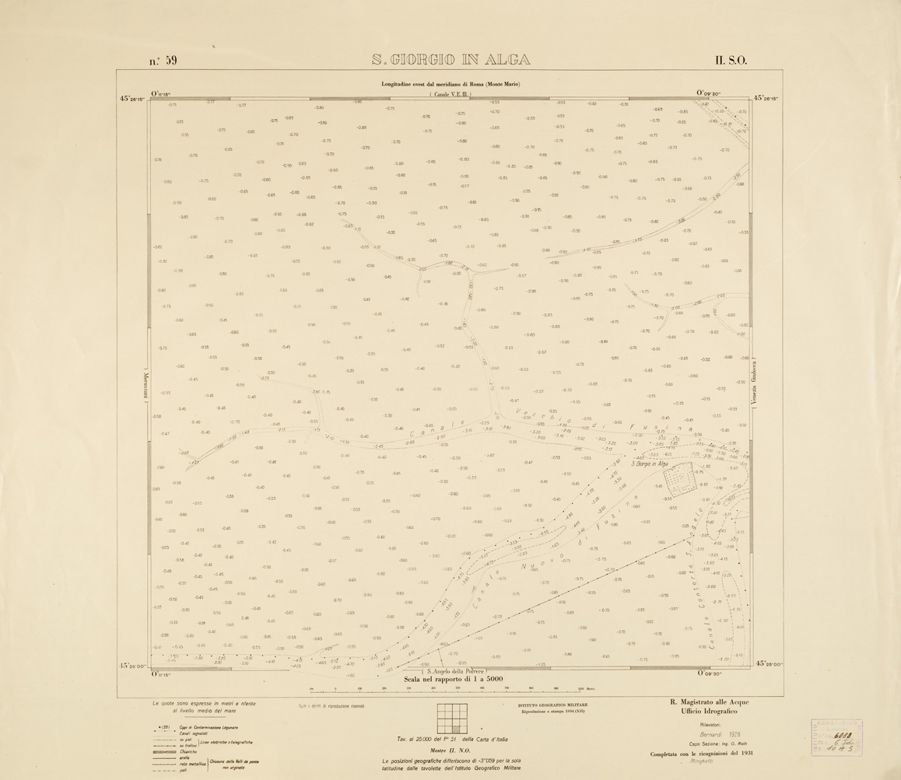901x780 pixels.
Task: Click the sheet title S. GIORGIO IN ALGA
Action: pos(450,60)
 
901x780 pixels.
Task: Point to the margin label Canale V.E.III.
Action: pos(451,94)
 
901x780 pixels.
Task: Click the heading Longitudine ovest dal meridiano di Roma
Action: pos(450,84)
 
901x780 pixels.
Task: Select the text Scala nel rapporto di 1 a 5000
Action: pos(450,679)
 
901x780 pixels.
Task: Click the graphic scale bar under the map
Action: pos(450,690)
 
